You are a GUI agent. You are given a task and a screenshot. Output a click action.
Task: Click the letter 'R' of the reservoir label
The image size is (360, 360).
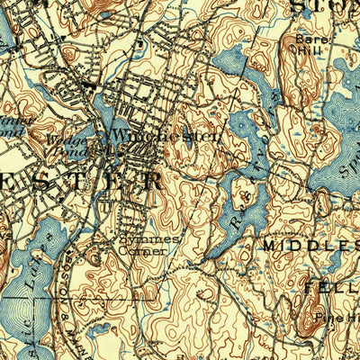click(x=232, y=217)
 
